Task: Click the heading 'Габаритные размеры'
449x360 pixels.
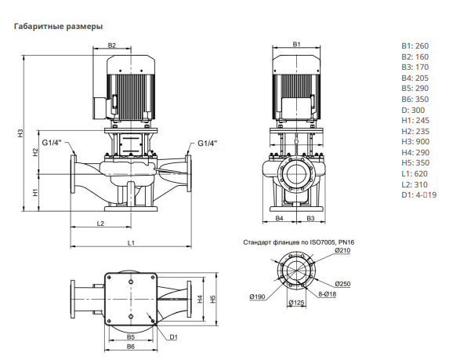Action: point(59,27)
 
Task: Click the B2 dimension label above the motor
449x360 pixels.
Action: point(112,45)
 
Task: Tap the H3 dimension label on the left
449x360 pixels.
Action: point(20,133)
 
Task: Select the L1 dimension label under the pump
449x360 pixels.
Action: point(131,243)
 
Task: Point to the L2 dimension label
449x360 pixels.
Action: point(100,224)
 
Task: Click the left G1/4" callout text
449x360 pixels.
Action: point(52,143)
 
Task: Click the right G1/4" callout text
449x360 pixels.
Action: point(208,143)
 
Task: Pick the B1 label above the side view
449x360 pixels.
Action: point(297,44)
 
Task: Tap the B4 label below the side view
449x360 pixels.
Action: point(279,218)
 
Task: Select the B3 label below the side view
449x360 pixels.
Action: point(310,218)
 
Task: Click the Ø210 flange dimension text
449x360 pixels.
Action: point(342,250)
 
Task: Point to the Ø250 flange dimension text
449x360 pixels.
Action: point(342,284)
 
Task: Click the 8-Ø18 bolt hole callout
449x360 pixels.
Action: point(328,294)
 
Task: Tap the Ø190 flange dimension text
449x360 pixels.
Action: point(258,296)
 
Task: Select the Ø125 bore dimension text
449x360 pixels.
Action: point(296,303)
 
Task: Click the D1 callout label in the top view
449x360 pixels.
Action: point(173,336)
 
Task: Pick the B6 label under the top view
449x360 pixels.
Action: point(131,347)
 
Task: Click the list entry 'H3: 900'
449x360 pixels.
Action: point(415,142)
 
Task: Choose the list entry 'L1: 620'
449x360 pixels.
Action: point(415,174)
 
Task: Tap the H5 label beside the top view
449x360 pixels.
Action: point(212,299)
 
